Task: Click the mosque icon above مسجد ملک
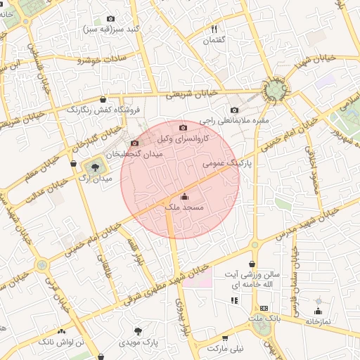(185, 197)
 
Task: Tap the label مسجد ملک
(184, 208)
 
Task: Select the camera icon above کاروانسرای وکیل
(184, 127)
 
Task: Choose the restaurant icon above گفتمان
(214, 30)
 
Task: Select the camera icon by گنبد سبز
(110, 19)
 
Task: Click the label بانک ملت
(264, 319)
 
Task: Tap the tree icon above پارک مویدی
(138, 330)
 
